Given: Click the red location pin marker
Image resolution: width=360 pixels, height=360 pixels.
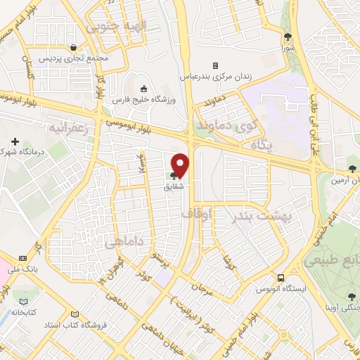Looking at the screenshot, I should coord(181,165).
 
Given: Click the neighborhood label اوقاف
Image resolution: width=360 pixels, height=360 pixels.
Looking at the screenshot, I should coord(196,214).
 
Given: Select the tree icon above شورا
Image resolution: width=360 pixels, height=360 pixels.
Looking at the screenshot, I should coord(288,37).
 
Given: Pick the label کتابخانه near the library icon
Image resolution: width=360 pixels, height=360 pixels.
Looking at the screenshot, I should coord(25,311).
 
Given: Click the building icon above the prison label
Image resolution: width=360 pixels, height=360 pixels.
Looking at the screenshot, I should coord(215,65).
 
